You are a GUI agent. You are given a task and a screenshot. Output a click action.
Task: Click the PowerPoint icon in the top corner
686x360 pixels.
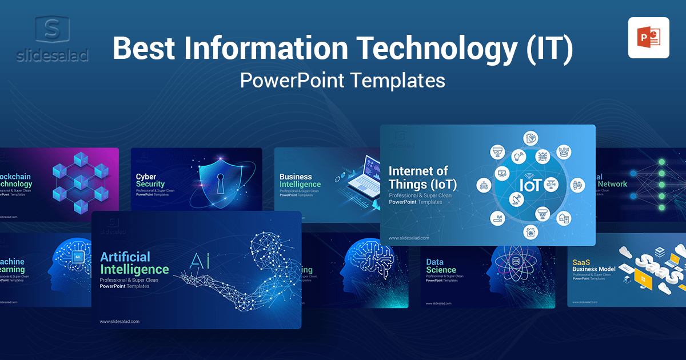(x=648, y=38)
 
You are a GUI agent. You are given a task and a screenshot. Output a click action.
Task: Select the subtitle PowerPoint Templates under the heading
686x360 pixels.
(x=342, y=80)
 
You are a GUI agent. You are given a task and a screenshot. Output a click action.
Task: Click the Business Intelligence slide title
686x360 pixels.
(x=300, y=181)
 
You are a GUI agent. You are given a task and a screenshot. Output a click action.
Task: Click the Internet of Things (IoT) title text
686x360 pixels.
(x=418, y=177)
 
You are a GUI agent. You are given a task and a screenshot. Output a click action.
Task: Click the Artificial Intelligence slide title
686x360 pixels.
(x=134, y=263)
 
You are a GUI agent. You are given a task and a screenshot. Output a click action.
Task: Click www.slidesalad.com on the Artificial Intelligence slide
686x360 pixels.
(x=119, y=321)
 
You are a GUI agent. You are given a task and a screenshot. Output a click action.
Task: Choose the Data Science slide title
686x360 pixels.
(x=441, y=266)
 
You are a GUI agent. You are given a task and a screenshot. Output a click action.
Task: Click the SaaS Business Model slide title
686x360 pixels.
(x=593, y=266)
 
